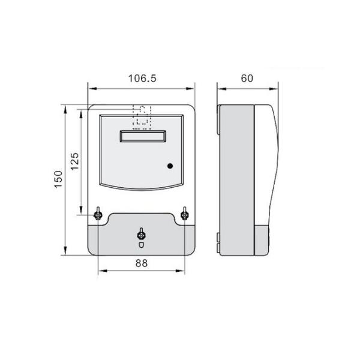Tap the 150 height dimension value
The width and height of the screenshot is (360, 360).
pyautogui.click(x=58, y=179)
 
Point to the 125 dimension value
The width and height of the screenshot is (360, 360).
pyautogui.click(x=75, y=161)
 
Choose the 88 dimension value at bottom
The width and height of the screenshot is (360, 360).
pyautogui.click(x=142, y=262)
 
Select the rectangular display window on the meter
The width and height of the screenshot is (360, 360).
pyautogui.click(x=142, y=137)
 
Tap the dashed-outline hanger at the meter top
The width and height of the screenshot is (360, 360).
pyautogui.click(x=142, y=116)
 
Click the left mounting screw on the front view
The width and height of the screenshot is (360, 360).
pyautogui.click(x=98, y=214)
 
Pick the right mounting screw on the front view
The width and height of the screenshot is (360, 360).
pyautogui.click(x=185, y=214)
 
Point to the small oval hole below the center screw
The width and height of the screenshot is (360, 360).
pyautogui.click(x=141, y=244)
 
